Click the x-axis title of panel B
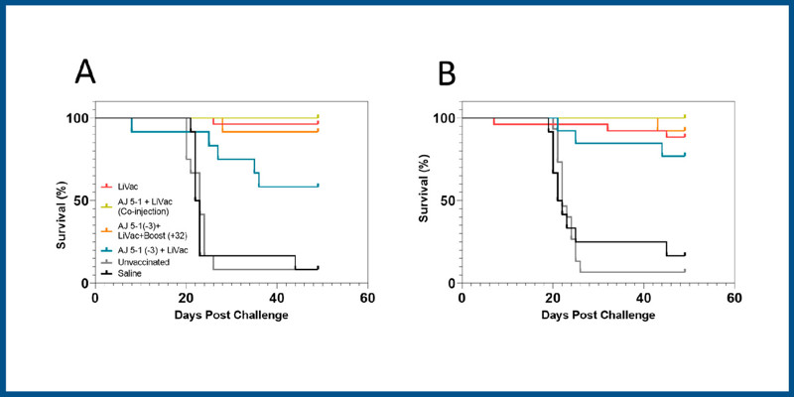pos(594,316)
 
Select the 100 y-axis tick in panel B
pos(443,118)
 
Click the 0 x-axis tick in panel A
pos(94,298)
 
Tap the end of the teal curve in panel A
pos(318,186)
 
